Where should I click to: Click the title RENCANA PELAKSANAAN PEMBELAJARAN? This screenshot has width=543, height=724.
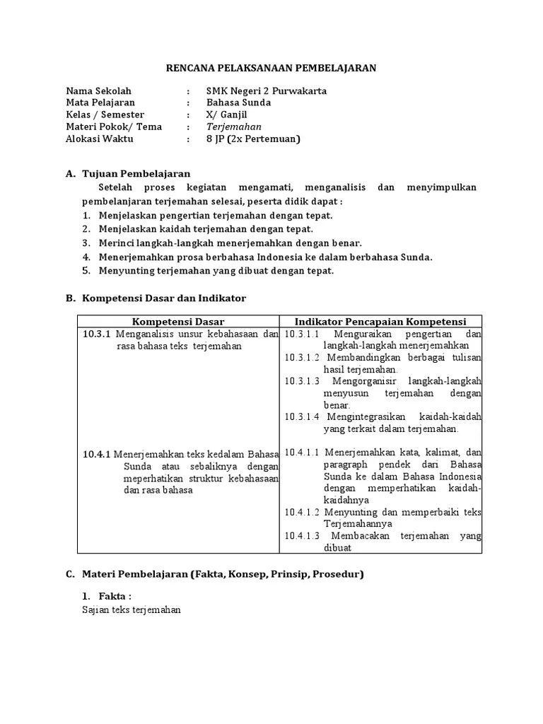coord(271,68)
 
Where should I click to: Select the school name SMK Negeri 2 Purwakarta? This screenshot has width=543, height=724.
coord(266,91)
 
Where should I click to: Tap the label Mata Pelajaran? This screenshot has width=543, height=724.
coord(100,103)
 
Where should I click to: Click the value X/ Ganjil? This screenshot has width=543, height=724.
coord(227,115)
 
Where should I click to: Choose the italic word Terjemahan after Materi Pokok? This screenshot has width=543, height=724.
coord(234,127)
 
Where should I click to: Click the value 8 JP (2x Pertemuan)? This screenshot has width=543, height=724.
coord(253,139)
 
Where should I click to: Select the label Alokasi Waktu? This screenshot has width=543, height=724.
coord(99,139)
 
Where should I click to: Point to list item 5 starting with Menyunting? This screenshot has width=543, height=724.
coord(216,270)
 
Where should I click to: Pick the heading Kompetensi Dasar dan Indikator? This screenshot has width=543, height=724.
coord(164,299)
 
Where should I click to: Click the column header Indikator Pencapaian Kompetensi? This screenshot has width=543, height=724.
coord(380,322)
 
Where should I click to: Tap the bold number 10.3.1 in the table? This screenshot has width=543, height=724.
coord(97,334)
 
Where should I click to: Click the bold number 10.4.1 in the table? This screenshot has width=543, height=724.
coord(97,454)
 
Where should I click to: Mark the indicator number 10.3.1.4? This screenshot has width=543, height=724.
coord(303,417)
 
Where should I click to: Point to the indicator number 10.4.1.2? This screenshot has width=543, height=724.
coord(303,512)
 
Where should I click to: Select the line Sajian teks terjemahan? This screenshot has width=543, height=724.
coord(132,609)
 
